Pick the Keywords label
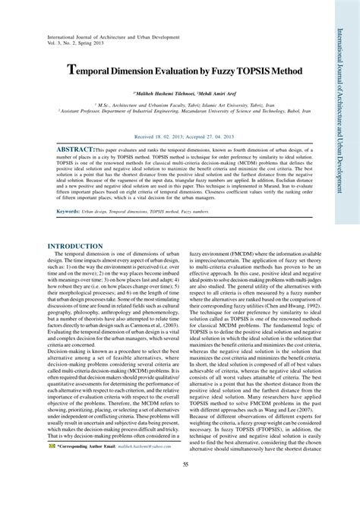[x=69, y=210]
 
